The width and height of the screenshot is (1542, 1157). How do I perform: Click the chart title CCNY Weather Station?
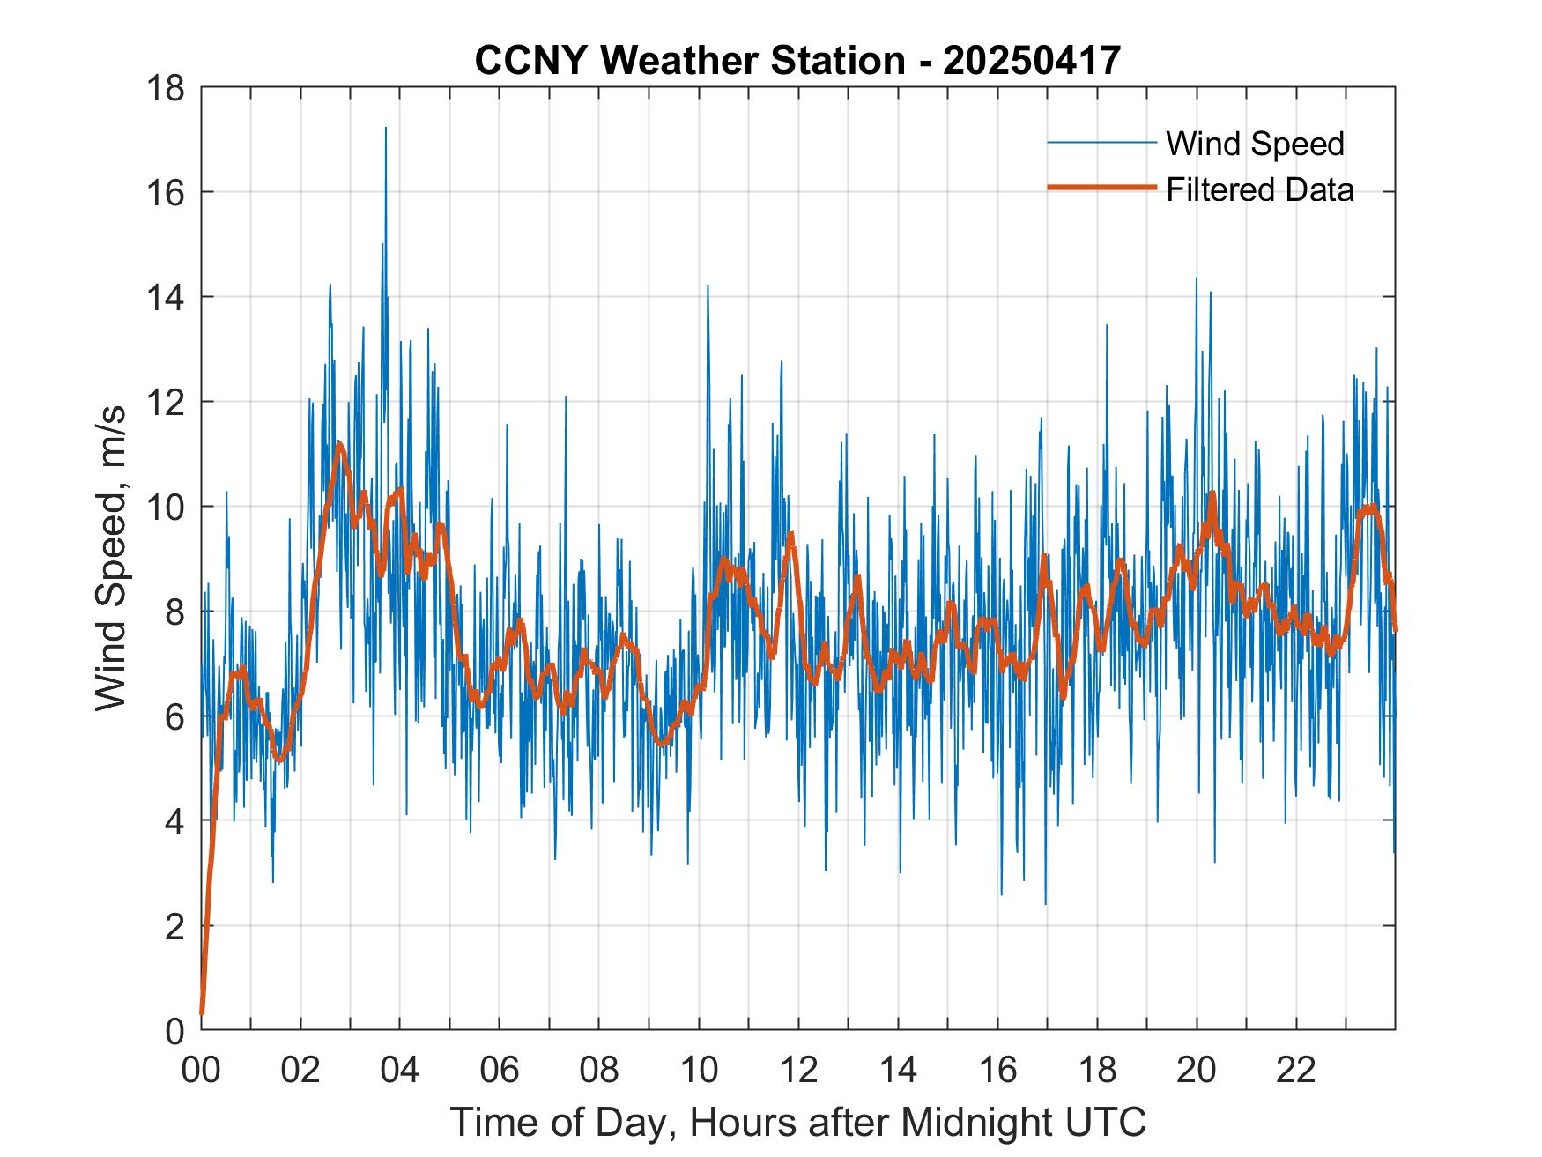pyautogui.click(x=688, y=61)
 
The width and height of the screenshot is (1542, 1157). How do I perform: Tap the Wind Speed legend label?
pyautogui.click(x=1255, y=144)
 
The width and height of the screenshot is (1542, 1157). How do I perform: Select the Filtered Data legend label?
pyautogui.click(x=1259, y=189)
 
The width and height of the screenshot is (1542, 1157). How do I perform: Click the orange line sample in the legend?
pyautogui.click(x=1101, y=188)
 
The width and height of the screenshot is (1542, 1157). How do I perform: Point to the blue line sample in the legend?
pyautogui.click(x=1101, y=143)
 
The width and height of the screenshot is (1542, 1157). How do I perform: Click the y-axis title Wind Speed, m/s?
pyautogui.click(x=111, y=557)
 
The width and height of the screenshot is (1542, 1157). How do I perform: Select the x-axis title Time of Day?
pyautogui.click(x=797, y=1122)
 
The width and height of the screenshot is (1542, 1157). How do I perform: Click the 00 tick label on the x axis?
pyautogui.click(x=201, y=1071)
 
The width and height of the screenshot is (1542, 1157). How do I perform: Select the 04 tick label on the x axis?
pyautogui.click(x=400, y=1071)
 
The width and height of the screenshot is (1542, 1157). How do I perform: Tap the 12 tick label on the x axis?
pyautogui.click(x=798, y=1071)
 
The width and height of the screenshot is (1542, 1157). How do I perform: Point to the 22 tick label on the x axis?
pyautogui.click(x=1296, y=1071)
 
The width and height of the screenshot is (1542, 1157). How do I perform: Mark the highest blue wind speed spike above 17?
pyautogui.click(x=385, y=129)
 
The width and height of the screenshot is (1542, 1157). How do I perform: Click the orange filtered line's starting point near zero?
pyautogui.click(x=202, y=1013)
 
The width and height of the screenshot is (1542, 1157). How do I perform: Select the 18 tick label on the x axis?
pyautogui.click(x=1097, y=1071)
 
